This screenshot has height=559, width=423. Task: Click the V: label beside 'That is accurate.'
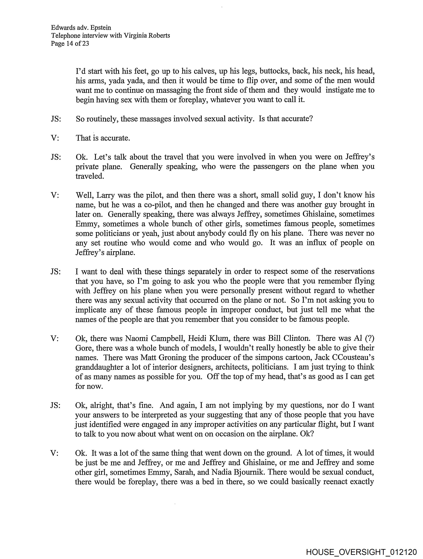pyautogui.click(x=55, y=138)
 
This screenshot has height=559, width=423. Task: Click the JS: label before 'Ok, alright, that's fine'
pyautogui.click(x=55, y=405)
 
